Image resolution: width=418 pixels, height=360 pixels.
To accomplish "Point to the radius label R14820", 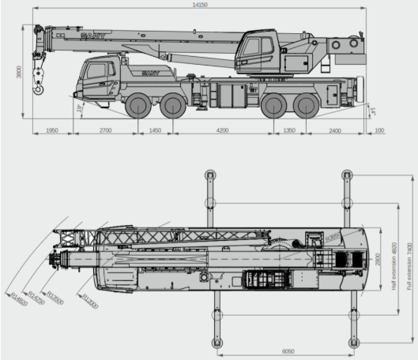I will (x=19, y=298).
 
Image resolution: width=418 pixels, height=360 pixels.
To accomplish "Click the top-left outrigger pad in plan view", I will (x=210, y=174).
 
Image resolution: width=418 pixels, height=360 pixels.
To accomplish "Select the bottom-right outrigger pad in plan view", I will (x=346, y=342).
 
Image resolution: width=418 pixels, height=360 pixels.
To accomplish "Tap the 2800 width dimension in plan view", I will (x=378, y=259).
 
